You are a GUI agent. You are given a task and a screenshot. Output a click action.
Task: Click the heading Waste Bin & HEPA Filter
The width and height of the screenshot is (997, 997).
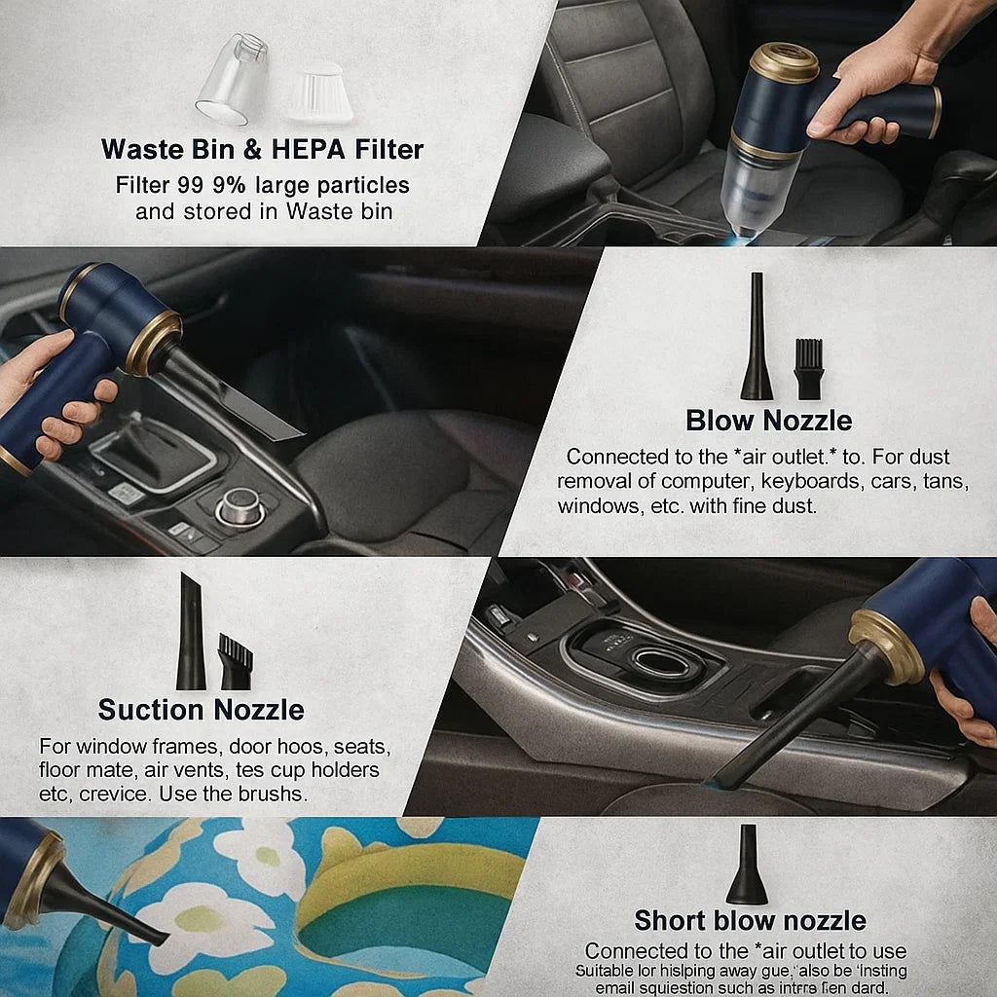262,149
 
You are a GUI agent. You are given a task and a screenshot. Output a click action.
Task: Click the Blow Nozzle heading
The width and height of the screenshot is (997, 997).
768,421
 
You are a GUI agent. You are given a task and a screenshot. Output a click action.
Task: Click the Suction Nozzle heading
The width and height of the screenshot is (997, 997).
201,710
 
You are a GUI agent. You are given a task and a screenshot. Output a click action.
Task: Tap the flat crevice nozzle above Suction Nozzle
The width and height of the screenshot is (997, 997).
191,632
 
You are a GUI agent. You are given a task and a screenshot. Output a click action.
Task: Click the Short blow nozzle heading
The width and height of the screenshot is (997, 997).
750,920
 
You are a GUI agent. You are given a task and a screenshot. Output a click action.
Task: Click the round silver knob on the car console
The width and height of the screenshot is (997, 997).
238,506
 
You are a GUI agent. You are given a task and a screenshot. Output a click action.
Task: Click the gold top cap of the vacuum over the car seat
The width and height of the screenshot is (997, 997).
785,61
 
